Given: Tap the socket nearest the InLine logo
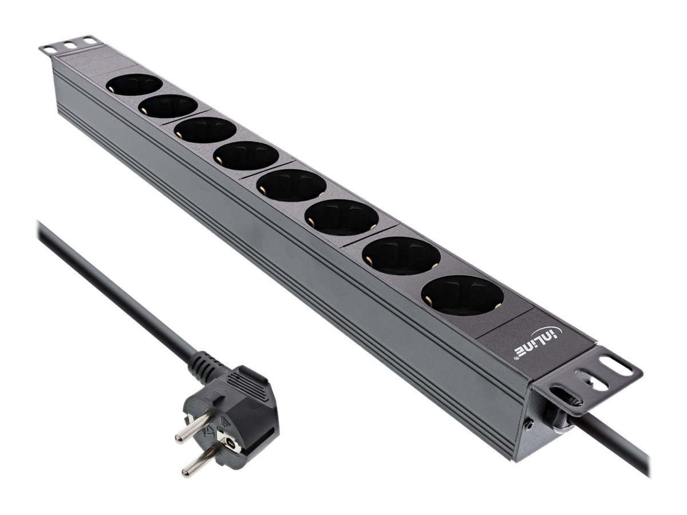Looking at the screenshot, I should coord(463,295).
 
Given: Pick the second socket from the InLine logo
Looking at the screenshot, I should coord(402,256).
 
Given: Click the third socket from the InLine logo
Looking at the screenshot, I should coord(342,217).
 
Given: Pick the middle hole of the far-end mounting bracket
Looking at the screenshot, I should coord(70,43).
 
